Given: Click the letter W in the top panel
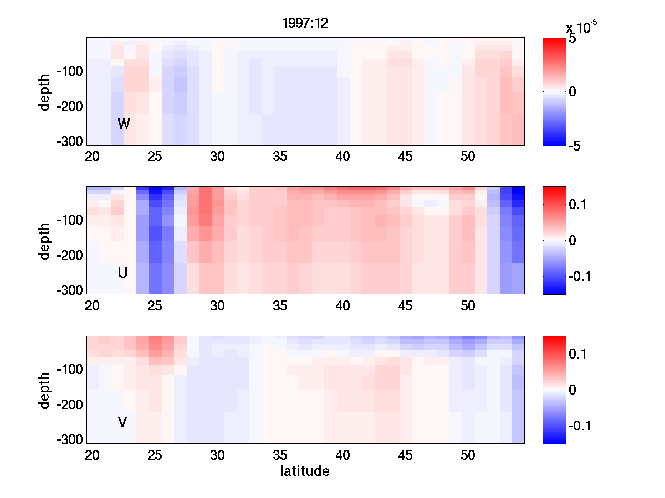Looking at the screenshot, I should [x=124, y=124].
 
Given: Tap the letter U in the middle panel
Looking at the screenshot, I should [x=123, y=273].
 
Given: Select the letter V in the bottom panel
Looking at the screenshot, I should [x=122, y=422].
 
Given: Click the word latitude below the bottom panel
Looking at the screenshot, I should [x=305, y=471].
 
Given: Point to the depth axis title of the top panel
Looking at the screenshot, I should [x=45, y=91].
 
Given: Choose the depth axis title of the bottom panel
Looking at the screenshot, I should [x=45, y=390].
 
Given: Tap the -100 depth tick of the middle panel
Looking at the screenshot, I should [x=70, y=220].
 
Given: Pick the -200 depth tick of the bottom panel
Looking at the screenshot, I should [x=70, y=404].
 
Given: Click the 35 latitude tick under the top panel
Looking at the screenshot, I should [x=280, y=157].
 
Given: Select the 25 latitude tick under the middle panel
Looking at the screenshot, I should [x=155, y=306].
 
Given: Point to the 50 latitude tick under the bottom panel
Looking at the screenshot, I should [x=468, y=455].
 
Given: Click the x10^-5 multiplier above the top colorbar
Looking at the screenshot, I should [x=581, y=27].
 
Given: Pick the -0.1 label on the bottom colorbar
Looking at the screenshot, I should [x=580, y=426].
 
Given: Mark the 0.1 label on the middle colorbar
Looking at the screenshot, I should [x=578, y=205].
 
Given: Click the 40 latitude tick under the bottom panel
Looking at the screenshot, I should [x=343, y=455].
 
